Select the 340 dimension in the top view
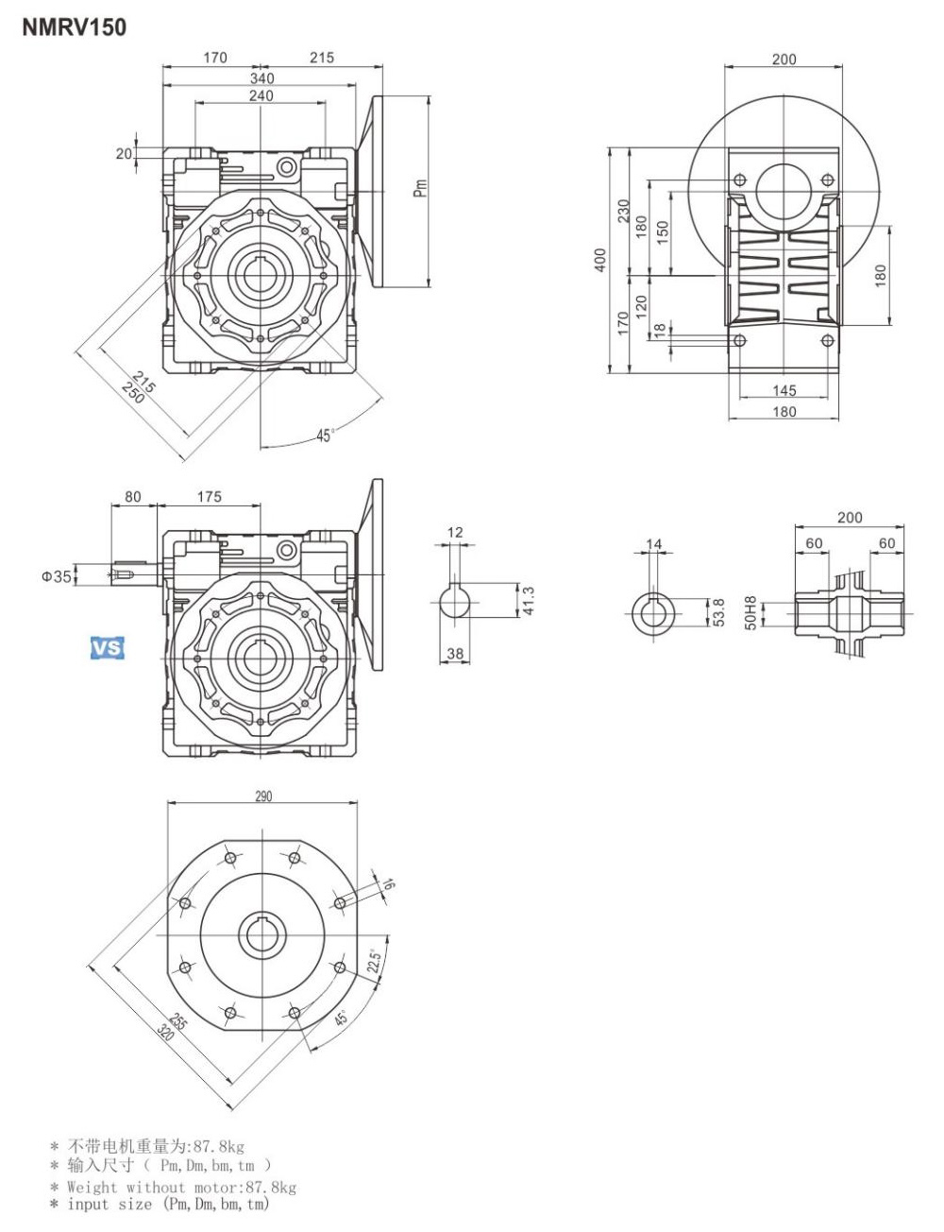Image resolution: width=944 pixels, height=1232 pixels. (x=261, y=78)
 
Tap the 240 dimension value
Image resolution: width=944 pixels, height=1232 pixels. (x=261, y=95)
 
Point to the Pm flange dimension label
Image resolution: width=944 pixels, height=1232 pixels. (x=421, y=188)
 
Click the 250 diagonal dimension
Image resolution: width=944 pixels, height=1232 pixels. (x=134, y=392)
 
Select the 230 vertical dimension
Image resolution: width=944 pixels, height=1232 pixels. (x=623, y=211)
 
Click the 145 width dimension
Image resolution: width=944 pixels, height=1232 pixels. (x=784, y=390)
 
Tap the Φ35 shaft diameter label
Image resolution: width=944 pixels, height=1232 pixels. (x=56, y=576)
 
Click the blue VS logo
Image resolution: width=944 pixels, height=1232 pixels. (x=108, y=648)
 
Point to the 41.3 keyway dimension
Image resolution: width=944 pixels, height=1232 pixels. (x=529, y=600)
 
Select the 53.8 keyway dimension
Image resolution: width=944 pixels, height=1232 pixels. (x=718, y=613)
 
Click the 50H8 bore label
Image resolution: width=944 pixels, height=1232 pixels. (x=751, y=613)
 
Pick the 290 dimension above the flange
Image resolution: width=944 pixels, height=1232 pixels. (x=263, y=796)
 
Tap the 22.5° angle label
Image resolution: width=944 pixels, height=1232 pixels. (x=373, y=962)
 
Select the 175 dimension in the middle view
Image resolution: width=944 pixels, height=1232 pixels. (x=210, y=497)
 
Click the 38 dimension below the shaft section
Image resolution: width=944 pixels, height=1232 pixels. (x=455, y=653)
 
